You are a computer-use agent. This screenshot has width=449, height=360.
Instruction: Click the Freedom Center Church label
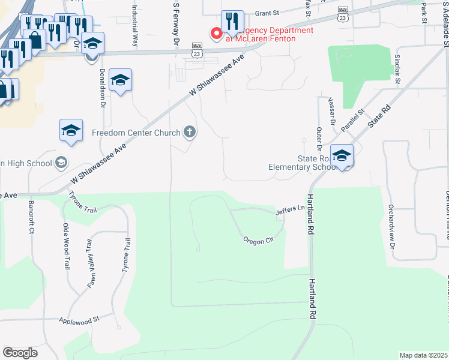tap(136, 133)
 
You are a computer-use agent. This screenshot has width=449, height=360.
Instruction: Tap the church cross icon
tap(190, 132)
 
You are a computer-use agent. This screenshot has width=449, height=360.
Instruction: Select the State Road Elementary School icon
tap(342, 157)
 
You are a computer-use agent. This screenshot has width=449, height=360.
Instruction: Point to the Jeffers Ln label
tap(291, 210)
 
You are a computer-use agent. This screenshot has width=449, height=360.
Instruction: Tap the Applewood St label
tap(78, 320)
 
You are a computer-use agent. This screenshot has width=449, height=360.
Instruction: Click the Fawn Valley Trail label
tap(91, 256)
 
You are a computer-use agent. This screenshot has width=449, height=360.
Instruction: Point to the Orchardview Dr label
tap(391, 228)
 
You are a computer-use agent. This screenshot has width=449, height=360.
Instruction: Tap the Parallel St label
tap(353, 120)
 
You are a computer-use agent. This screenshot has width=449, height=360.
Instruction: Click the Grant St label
tap(268, 13)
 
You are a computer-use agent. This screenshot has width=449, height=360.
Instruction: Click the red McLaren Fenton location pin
tap(215, 34)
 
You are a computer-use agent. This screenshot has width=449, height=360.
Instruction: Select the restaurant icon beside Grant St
tap(232, 23)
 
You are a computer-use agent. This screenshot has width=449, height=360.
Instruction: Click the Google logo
tap(20, 353)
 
